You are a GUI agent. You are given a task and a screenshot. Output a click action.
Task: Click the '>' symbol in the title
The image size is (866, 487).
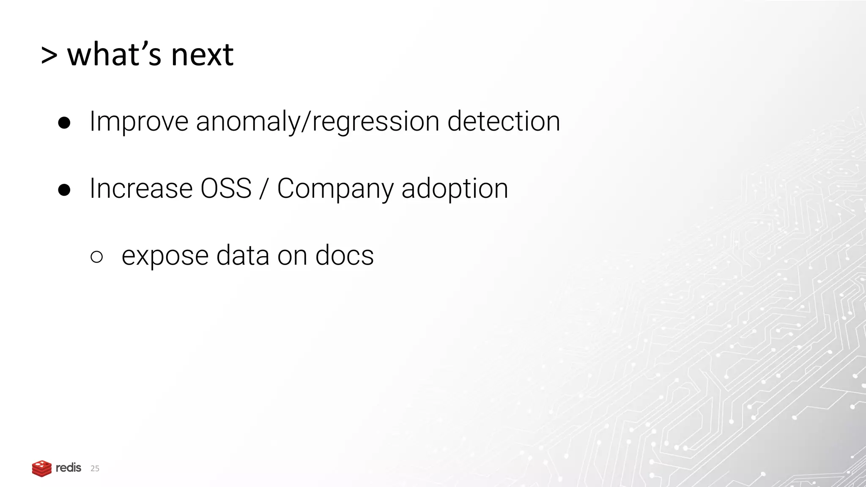pyautogui.click(x=49, y=55)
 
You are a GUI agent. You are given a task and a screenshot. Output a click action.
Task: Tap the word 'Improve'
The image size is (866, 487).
pyautogui.click(x=139, y=122)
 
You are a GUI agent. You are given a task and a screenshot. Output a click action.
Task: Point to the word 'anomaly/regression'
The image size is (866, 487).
pyautogui.click(x=318, y=122)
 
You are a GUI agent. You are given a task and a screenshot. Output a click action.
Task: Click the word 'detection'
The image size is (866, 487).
pyautogui.click(x=504, y=121)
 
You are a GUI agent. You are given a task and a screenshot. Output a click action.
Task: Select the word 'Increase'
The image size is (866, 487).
pyautogui.click(x=141, y=189)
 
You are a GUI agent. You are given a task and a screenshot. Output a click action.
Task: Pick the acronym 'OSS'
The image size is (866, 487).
pyautogui.click(x=226, y=189)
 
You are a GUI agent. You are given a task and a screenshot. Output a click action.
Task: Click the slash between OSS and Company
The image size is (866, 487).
pyautogui.click(x=264, y=189)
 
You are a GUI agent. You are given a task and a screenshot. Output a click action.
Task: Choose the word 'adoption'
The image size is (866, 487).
pyautogui.click(x=455, y=189)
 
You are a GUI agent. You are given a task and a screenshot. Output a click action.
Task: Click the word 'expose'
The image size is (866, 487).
pyautogui.click(x=165, y=256)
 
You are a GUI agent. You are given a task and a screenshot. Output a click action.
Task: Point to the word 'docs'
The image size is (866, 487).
pyautogui.click(x=344, y=255)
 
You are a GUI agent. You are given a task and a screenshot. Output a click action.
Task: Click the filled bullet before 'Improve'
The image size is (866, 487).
pyautogui.click(x=64, y=123)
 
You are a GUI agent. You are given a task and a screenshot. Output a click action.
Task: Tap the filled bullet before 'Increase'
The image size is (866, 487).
pyautogui.click(x=64, y=190)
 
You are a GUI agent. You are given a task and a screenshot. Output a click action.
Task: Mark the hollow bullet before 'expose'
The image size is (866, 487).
pyautogui.click(x=96, y=257)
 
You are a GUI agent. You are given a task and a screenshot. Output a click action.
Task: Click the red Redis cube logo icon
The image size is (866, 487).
pyautogui.click(x=41, y=468)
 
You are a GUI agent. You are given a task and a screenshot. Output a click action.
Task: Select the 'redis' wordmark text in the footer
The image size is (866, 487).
pyautogui.click(x=69, y=468)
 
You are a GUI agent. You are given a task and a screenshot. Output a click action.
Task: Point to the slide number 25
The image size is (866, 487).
pyautogui.click(x=95, y=468)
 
